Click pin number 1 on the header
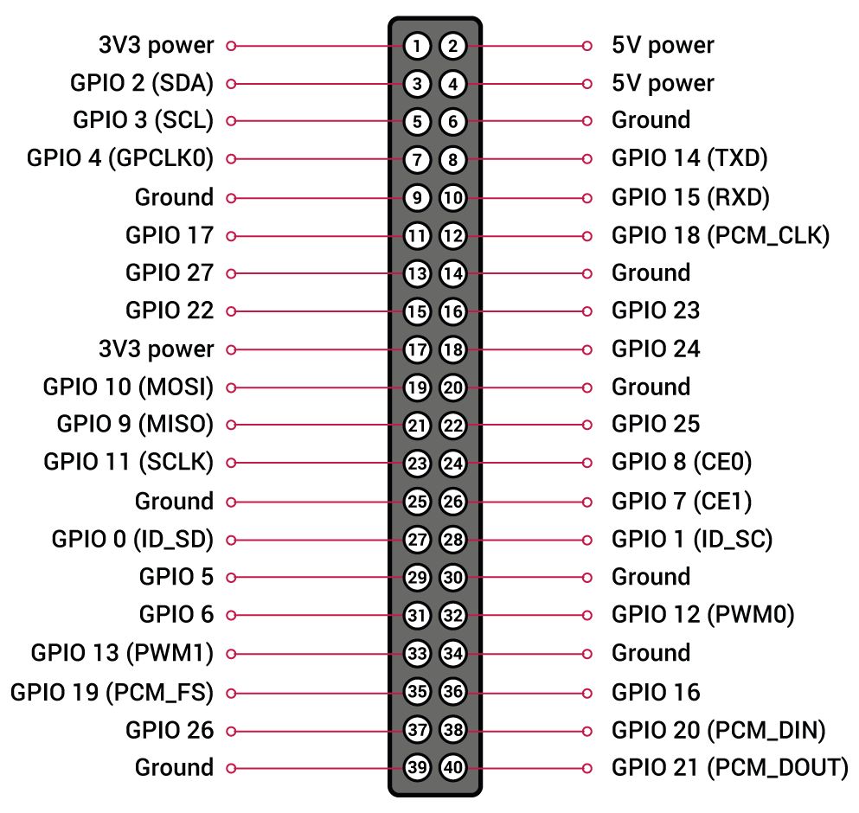tap(417, 46)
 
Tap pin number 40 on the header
tap(453, 767)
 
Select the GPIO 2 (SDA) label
tap(142, 84)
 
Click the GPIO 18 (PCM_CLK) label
tap(720, 235)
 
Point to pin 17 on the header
tap(417, 349)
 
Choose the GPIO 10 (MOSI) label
tap(128, 387)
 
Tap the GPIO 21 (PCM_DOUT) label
tap(729, 767)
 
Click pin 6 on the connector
tap(453, 122)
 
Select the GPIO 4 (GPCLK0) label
tap(120, 159)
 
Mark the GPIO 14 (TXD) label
tap(689, 159)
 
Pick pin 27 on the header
tap(417, 540)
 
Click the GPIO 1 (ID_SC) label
tap(691, 540)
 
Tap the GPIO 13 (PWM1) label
tap(122, 653)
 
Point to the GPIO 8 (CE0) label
tap(682, 463)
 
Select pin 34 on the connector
tap(453, 653)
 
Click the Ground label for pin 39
tap(174, 767)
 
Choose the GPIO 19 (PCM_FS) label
tap(112, 692)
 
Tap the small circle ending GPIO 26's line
tap(231, 730)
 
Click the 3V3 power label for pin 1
tap(156, 45)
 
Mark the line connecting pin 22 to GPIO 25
tap(523, 425)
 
